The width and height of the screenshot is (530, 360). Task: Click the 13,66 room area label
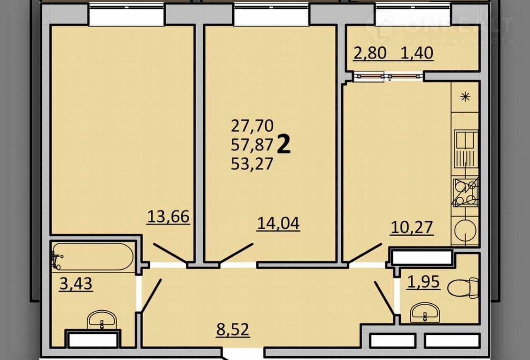click(168, 217)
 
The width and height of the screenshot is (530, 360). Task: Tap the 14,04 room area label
click(278, 223)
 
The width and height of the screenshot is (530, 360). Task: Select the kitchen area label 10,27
click(412, 228)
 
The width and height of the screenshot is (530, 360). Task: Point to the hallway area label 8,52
click(233, 329)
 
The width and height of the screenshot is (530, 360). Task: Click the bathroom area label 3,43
click(76, 283)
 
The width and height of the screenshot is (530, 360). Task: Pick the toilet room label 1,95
click(423, 282)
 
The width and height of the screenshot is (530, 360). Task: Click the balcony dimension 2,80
click(370, 53)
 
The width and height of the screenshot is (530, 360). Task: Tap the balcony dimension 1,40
click(417, 53)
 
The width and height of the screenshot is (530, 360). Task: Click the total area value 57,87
click(252, 145)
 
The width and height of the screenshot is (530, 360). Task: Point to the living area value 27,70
click(252, 126)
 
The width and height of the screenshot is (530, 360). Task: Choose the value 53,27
click(252, 164)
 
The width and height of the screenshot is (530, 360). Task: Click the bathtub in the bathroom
click(92, 257)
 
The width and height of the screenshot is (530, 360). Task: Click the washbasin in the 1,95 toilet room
click(425, 312)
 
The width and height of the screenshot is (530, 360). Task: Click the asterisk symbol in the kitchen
click(465, 97)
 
